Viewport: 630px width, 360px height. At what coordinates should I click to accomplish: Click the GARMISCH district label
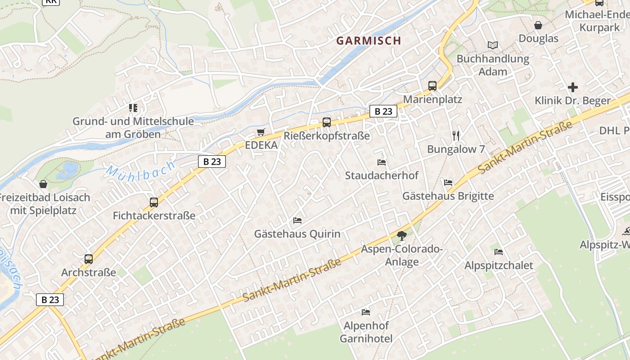click(x=369, y=40)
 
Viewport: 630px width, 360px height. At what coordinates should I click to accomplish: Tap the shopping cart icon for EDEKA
click(x=261, y=132)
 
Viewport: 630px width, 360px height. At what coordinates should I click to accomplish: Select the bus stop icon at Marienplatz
click(x=432, y=85)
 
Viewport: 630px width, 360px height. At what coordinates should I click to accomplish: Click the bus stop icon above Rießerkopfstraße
click(x=327, y=122)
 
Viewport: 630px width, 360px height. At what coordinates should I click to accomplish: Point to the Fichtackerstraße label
click(x=154, y=216)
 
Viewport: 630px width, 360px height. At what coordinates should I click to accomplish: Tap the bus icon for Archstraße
click(x=89, y=259)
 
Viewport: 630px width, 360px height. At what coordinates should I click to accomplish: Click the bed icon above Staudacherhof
click(x=382, y=162)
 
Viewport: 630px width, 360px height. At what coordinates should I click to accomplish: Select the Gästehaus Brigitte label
click(x=448, y=196)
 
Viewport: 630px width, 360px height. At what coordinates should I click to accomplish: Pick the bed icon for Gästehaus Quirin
click(x=297, y=220)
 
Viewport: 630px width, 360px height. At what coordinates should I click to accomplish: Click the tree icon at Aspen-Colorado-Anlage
click(x=401, y=235)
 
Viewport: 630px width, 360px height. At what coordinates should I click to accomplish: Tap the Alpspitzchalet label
click(x=499, y=265)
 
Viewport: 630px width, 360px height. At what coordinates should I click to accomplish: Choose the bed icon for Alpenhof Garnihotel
click(x=366, y=312)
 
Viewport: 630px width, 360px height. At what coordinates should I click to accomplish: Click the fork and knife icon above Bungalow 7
click(x=456, y=135)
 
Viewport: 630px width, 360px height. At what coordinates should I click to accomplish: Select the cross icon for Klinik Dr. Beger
click(x=572, y=87)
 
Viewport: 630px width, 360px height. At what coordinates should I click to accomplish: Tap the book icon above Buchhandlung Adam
click(x=493, y=45)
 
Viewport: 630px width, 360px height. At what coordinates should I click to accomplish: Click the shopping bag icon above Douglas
click(x=538, y=25)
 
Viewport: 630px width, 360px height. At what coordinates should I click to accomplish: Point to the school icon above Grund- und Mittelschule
click(x=133, y=108)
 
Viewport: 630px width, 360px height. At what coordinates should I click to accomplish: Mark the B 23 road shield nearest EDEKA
click(x=211, y=162)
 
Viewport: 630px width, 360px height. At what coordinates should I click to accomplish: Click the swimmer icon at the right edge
click(x=626, y=232)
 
